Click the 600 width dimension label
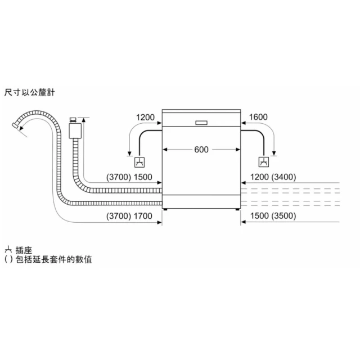tap(201, 150)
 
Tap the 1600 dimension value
tap(258, 117)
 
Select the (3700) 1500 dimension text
tap(129, 177)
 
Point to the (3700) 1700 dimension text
tap(129, 216)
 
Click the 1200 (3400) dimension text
tap(273, 177)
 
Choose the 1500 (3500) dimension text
tap(273, 216)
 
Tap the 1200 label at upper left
tap(145, 118)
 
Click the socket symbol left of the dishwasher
tap(139, 163)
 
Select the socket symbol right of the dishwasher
tap(264, 162)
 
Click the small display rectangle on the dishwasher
tap(201, 123)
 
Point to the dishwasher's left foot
tap(165, 209)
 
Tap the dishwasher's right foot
tap(237, 209)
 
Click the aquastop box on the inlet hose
tap(75, 131)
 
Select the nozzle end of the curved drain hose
tap(16, 125)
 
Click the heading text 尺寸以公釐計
tap(30, 92)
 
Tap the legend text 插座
tap(24, 250)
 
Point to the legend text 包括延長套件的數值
tap(54, 259)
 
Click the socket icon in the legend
tap(8, 249)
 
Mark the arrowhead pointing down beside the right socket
tap(274, 154)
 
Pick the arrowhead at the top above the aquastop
tap(83, 120)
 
